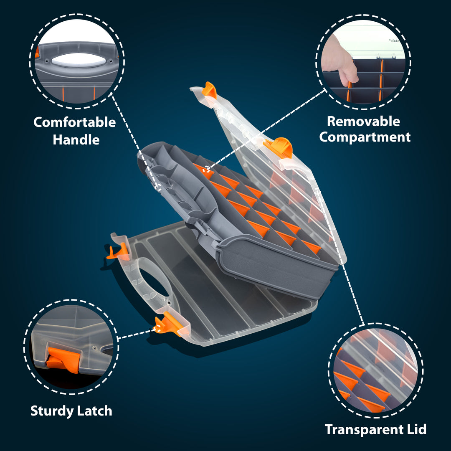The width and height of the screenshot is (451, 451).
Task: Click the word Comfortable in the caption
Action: click(74, 122)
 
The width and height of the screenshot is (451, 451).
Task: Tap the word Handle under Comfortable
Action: click(76, 140)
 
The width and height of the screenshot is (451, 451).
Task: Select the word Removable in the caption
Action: click(364, 122)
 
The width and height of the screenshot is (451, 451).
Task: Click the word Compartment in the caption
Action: click(365, 137)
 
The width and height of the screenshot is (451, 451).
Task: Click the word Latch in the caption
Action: click(94, 411)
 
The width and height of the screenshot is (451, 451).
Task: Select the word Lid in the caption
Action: click(417, 429)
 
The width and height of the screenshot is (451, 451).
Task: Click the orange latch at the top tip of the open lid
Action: click(209, 90)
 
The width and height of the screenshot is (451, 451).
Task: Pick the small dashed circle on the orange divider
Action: click(205, 170)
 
